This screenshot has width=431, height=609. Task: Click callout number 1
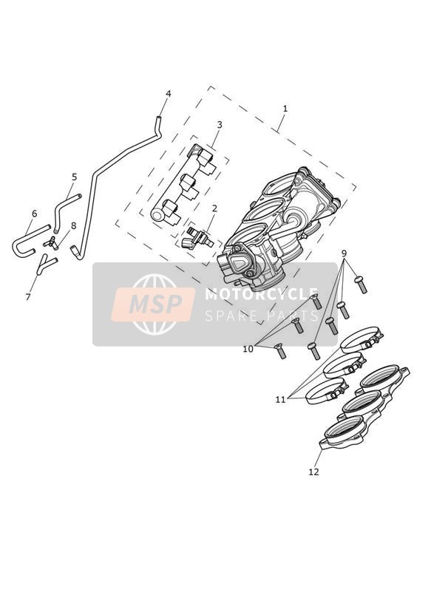285,109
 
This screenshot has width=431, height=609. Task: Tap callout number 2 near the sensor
214,208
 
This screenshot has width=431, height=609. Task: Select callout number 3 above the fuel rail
220,125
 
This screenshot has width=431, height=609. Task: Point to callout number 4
169,94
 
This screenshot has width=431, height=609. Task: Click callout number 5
74,177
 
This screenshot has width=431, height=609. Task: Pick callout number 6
34,214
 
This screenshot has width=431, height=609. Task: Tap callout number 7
27,297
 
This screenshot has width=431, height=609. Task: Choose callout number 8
73,226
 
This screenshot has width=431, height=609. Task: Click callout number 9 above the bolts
344,254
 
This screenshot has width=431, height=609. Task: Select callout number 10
248,349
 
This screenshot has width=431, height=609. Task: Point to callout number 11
281,399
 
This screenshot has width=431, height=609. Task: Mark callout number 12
313,472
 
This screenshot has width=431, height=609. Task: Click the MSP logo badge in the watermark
153,304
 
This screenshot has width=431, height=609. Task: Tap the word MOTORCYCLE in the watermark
262,294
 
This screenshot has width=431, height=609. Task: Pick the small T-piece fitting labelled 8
51,242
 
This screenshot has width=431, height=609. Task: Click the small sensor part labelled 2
197,237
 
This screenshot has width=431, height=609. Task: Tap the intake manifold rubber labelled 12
364,407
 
